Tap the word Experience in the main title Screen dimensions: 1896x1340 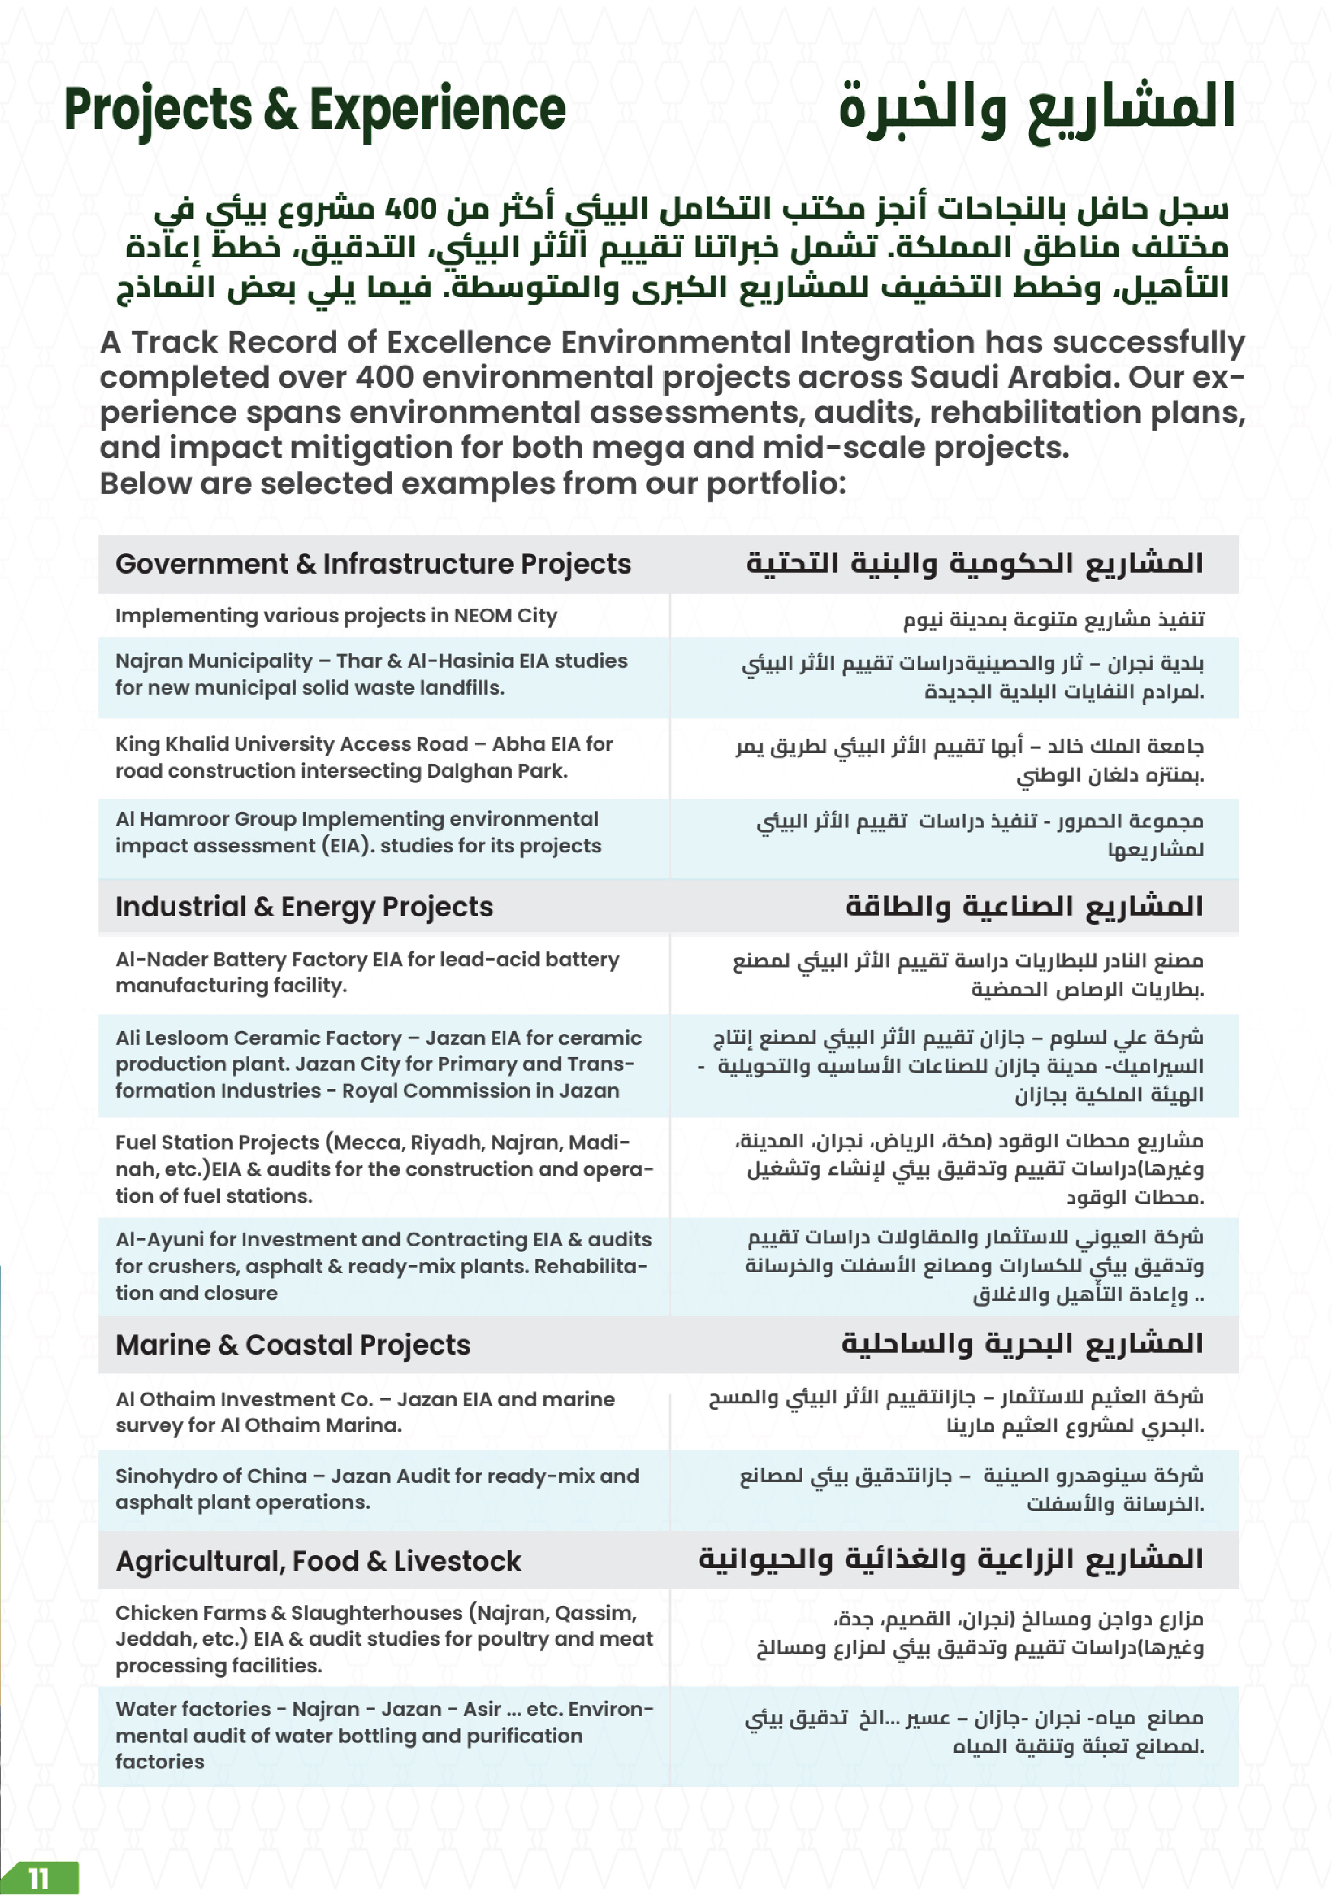(x=437, y=111)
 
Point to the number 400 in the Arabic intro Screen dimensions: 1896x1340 (x=411, y=210)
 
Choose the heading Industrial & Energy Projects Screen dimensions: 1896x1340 (x=304, y=907)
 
